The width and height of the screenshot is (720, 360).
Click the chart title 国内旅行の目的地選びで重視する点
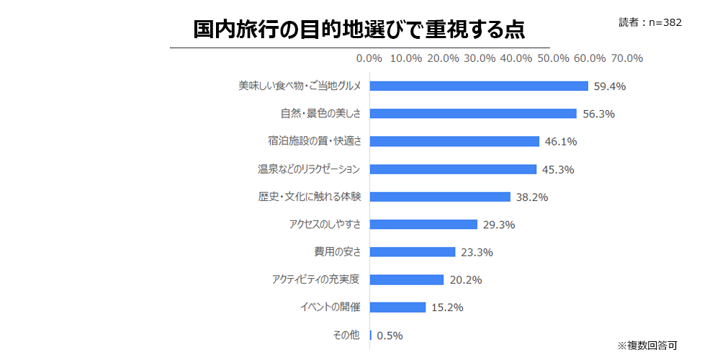359,30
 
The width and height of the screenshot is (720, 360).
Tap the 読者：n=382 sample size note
649,22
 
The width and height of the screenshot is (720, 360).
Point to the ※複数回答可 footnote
647,345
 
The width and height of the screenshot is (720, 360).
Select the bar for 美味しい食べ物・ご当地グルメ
479,86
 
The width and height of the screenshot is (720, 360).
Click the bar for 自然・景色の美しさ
473,114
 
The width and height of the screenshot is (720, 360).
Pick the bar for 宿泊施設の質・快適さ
454,141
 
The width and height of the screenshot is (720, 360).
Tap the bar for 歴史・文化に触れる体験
440,197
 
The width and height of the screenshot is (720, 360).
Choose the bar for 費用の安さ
413,252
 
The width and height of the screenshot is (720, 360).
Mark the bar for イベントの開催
397,307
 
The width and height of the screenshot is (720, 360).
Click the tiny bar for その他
371,335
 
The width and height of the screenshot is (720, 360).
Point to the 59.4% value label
610,86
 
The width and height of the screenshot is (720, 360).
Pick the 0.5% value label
390,336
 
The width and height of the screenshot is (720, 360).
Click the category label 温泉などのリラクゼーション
309,169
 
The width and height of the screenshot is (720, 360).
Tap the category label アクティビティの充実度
316,280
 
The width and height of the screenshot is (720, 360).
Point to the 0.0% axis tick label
369,58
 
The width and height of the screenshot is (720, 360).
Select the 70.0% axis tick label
626,58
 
